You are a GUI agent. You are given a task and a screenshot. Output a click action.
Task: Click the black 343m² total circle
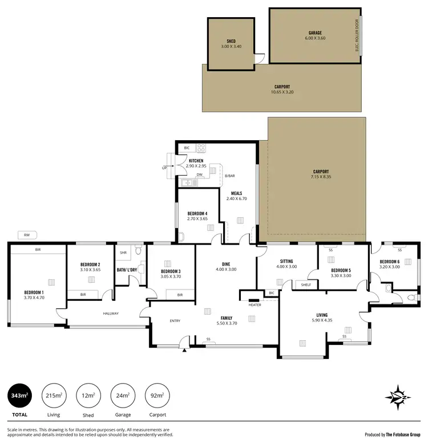[20, 395]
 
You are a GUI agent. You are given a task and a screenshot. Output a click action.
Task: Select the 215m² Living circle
[54, 395]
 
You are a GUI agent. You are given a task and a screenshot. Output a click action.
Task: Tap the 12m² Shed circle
[88, 395]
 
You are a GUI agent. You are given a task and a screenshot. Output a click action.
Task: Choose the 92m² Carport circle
[157, 395]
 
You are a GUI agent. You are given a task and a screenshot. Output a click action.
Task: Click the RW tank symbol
[27, 234]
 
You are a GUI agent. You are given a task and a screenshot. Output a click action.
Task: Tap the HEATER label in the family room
[255, 305]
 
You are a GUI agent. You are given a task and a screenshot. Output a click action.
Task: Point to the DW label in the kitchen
[199, 175]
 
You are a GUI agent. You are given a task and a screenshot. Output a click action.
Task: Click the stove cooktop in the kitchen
[201, 148]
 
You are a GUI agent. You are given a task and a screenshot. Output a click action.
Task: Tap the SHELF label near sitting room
[306, 284]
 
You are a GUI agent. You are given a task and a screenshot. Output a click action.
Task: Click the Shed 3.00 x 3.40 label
[231, 44]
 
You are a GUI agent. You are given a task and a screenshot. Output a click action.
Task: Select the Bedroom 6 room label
[391, 263]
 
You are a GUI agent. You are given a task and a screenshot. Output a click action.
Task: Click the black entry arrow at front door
[184, 351]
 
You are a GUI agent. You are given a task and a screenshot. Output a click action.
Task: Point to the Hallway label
[110, 313]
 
